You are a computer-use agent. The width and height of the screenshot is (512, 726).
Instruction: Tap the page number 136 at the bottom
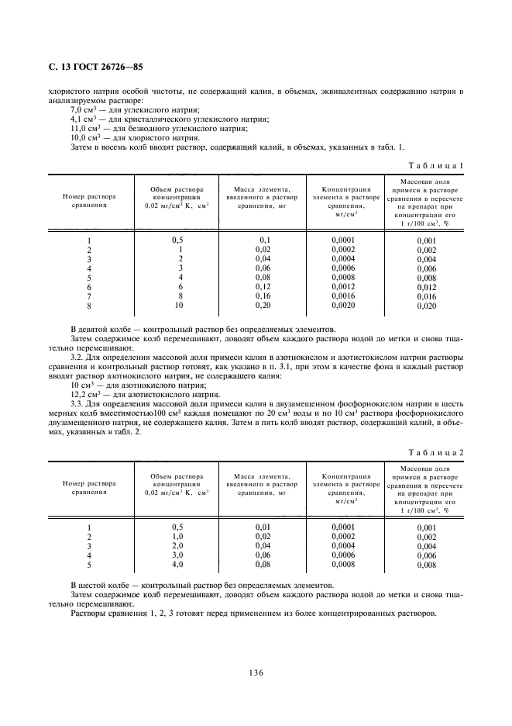pyautogui.click(x=256, y=672)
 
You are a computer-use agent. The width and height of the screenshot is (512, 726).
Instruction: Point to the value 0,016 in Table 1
pyautogui.click(x=426, y=297)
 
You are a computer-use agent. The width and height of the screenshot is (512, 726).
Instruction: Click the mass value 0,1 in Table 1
pyautogui.click(x=263, y=240)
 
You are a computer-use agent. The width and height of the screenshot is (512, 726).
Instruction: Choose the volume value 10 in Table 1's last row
pyautogui.click(x=178, y=306)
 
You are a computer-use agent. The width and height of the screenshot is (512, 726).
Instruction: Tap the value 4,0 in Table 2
pyautogui.click(x=177, y=564)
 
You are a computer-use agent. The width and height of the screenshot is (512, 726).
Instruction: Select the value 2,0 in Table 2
pyautogui.click(x=177, y=545)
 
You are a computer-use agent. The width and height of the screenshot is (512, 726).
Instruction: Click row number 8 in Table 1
pyautogui.click(x=89, y=306)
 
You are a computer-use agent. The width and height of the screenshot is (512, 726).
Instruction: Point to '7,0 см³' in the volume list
pyautogui.click(x=83, y=110)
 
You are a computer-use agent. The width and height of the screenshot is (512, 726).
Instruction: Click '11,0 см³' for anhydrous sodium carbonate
pyautogui.click(x=84, y=129)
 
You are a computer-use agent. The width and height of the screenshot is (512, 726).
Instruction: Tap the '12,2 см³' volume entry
pyautogui.click(x=84, y=394)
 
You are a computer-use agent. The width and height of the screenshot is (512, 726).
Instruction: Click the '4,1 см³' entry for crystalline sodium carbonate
pyautogui.click(x=83, y=119)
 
